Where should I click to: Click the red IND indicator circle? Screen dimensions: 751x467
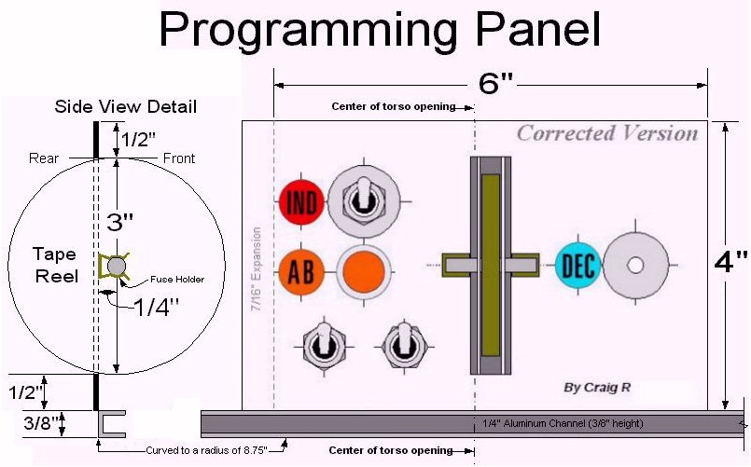click(x=301, y=201)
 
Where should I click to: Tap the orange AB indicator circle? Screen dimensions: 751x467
click(x=301, y=272)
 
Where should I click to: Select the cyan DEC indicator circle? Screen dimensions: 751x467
click(x=578, y=265)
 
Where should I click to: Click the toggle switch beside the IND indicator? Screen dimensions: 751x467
click(x=364, y=201)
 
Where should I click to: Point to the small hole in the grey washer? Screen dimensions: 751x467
click(x=635, y=265)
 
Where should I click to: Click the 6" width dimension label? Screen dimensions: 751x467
click(x=495, y=84)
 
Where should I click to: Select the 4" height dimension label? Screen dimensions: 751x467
click(x=730, y=262)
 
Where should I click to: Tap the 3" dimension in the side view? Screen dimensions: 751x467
click(x=119, y=222)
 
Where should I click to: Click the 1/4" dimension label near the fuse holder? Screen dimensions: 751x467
click(x=156, y=307)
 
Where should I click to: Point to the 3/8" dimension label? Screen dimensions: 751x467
click(x=41, y=423)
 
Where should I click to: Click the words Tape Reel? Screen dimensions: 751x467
click(x=56, y=265)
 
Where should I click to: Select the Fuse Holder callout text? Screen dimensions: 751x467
click(x=177, y=279)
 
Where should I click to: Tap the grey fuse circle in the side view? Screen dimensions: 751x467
click(x=117, y=266)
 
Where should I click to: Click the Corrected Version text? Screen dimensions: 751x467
click(x=607, y=133)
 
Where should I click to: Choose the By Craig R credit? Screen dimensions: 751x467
click(x=597, y=387)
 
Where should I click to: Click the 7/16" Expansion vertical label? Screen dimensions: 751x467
click(x=257, y=268)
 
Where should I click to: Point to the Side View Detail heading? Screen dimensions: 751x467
click(x=126, y=106)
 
